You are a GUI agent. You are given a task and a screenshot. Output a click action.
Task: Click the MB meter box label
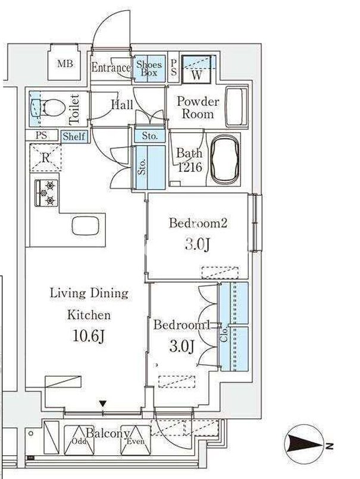65,64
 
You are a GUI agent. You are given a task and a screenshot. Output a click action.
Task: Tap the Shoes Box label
149,68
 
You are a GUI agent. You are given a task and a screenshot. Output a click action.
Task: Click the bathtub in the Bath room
226,159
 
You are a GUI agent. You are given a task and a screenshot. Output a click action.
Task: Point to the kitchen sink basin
86,226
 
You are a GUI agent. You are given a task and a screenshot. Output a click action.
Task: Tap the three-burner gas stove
46,193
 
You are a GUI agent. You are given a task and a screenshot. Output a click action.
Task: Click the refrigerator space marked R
46,158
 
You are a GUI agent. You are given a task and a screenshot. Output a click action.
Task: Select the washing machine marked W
196,70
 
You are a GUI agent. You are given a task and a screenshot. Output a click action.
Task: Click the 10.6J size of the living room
89,336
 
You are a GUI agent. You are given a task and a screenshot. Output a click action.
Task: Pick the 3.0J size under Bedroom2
198,244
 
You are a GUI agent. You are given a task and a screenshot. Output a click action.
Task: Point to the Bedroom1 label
182,325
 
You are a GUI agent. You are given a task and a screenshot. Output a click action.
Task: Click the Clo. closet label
224,334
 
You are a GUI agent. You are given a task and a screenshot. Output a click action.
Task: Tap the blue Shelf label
74,136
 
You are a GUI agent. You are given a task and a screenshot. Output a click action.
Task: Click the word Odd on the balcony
79,442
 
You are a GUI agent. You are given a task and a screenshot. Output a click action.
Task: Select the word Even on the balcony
136,441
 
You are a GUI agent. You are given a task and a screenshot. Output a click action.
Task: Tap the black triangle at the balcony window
103,403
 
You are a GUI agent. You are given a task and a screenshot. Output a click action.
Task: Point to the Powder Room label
198,108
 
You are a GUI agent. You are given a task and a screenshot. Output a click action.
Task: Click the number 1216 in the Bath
190,167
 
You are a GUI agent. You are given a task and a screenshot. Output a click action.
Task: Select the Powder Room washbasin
236,107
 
